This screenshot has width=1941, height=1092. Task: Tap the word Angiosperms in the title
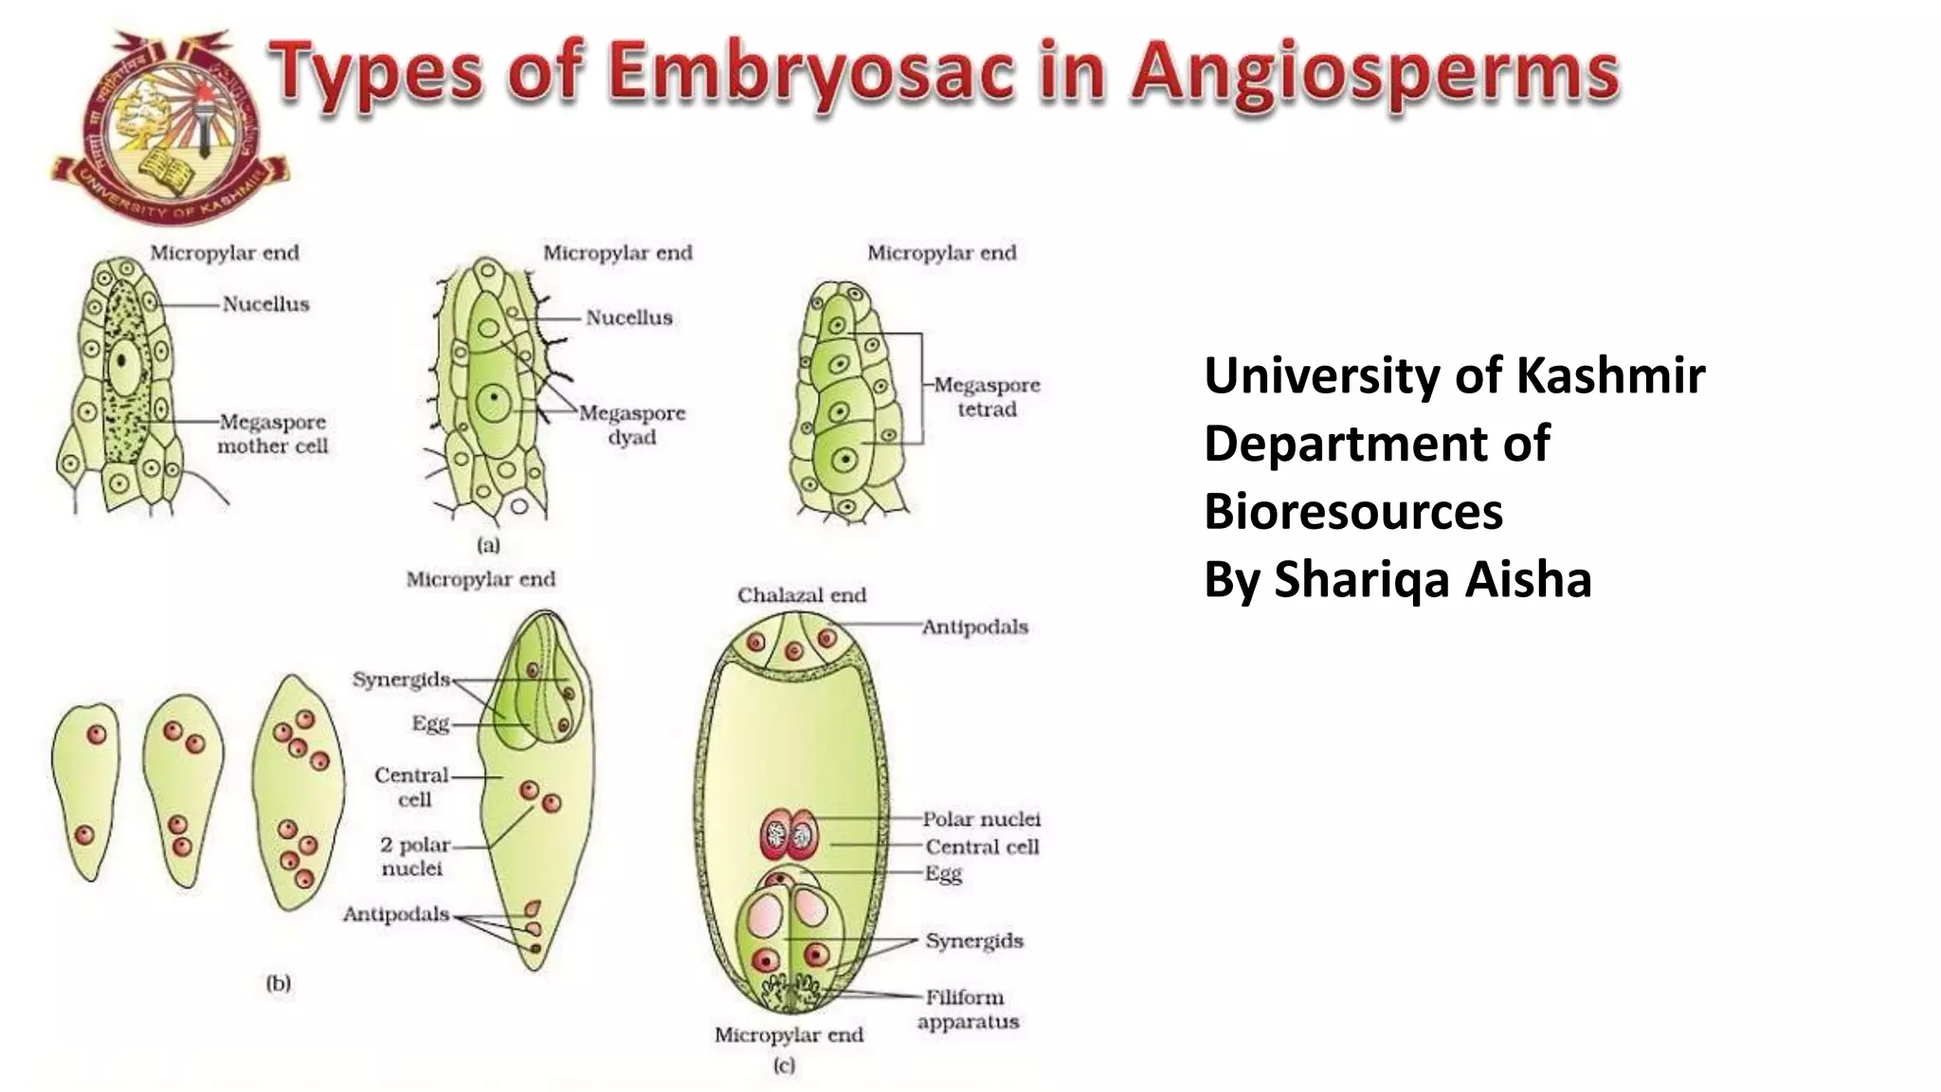(x=1374, y=74)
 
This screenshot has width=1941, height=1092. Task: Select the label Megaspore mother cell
(x=272, y=433)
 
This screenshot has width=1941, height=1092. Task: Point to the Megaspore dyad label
(x=632, y=425)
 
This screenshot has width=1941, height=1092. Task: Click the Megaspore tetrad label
(x=987, y=397)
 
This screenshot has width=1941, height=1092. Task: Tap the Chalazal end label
(x=802, y=595)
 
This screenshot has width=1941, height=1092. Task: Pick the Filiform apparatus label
(x=968, y=1009)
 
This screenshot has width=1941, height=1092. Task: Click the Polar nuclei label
(x=982, y=819)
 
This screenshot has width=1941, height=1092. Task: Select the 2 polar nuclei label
(x=413, y=856)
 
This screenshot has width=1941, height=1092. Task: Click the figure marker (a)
(x=488, y=545)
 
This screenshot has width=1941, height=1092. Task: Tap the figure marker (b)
(x=279, y=983)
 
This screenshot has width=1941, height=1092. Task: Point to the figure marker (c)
(x=784, y=1065)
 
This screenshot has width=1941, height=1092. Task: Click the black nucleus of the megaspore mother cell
(x=122, y=361)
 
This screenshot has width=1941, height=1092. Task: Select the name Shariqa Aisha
(x=1432, y=579)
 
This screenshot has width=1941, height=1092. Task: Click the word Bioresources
(x=1353, y=512)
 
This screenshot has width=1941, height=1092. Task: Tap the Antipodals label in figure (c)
(x=975, y=627)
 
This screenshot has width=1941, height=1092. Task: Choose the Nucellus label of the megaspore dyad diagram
(x=628, y=318)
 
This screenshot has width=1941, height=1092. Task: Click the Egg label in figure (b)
(x=430, y=723)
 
